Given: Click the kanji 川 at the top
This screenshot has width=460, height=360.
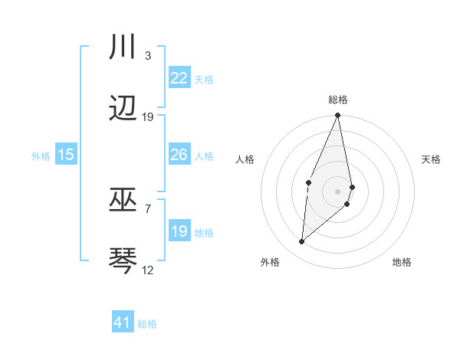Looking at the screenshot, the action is pos(123,47).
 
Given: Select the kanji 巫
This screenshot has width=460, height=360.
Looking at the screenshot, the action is pos(123,200).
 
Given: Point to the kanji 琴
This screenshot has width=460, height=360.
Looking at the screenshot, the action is pos(123,260).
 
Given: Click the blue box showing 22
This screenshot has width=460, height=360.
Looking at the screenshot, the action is pos(179,78).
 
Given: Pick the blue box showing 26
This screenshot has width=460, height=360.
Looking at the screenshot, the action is pos(179,155).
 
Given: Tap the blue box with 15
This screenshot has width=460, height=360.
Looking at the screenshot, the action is pos(66,155).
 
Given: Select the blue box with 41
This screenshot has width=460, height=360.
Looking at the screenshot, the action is pos(123,322).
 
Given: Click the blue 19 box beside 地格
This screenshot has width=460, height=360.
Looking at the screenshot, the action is pos(179,231).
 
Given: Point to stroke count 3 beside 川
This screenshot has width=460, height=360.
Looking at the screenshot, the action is pos(147,56).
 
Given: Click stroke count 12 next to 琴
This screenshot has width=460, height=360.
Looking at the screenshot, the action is pos(147,270).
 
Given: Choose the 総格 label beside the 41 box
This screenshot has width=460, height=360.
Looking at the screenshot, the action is pos(147,324).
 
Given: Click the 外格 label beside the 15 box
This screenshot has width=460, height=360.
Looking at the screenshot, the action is pos(41,156).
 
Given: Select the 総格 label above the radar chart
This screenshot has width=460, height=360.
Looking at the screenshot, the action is pos(338,100).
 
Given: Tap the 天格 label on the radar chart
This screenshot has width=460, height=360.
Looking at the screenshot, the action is pos(431,159).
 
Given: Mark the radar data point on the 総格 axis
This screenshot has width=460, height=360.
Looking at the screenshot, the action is pos(338,116).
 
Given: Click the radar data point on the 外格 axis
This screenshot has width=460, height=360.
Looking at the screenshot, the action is pos(302,242).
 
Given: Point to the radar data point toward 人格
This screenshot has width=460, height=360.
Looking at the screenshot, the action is pos(308,182).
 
